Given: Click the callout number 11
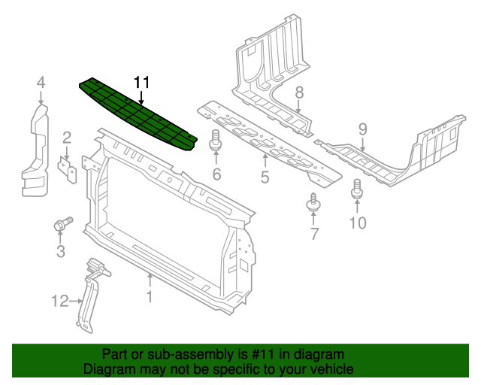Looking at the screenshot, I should click(142, 83).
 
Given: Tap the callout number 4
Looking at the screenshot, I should click(41, 83).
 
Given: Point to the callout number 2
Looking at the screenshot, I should click(66, 137).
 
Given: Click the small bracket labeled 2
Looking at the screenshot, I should click(68, 169).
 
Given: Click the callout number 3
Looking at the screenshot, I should click(60, 251).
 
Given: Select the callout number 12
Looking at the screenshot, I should click(60, 302).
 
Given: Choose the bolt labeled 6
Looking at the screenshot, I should click(216, 141).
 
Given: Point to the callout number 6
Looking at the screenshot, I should click(216, 175).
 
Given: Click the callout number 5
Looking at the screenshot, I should click(265, 177).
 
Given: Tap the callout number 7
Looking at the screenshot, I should click(314, 235).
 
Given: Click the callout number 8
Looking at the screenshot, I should click(298, 92).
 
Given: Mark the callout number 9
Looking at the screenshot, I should click(362, 129).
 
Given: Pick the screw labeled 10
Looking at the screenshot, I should click(357, 189).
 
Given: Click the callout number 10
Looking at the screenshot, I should click(358, 222).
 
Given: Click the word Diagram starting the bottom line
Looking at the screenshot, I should click(110, 369).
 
